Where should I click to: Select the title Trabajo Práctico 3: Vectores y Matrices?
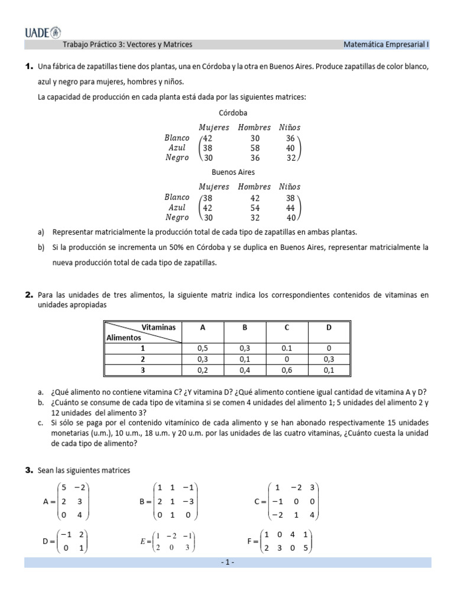click(127, 44)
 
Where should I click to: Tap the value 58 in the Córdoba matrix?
click(255, 148)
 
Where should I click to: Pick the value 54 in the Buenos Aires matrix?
click(255, 207)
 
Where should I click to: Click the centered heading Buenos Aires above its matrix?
click(233, 172)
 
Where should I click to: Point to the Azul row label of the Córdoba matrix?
click(177, 148)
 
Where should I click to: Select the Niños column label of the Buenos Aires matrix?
click(290, 187)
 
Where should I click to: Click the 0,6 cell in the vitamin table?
click(286, 370)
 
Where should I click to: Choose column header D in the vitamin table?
click(329, 327)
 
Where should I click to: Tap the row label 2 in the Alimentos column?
click(142, 359)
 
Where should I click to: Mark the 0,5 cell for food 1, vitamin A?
click(203, 349)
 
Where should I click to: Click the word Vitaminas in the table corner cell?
click(158, 327)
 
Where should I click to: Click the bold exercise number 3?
click(28, 470)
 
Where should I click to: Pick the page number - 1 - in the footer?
click(228, 562)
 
